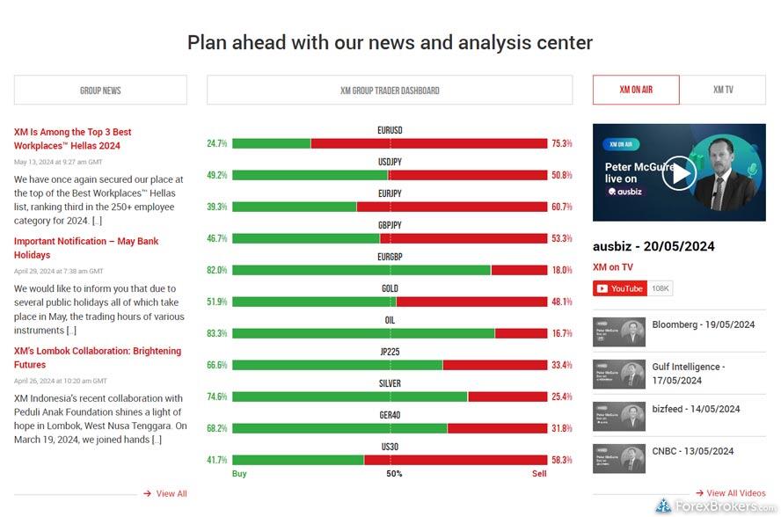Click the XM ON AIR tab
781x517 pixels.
click(635, 90)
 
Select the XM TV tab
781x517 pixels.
click(722, 90)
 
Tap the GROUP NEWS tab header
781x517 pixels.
click(100, 90)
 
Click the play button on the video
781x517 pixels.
click(678, 172)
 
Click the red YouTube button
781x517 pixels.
click(620, 288)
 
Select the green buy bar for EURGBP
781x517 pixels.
click(361, 270)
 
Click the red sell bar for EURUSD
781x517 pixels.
click(429, 143)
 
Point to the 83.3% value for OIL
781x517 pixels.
click(217, 333)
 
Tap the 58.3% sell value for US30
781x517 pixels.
click(561, 460)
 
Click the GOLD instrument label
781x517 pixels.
click(390, 288)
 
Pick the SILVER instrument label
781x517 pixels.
click(390, 383)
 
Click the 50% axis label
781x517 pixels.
click(394, 474)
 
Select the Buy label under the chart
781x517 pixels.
click(239, 474)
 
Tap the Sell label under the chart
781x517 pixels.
click(538, 474)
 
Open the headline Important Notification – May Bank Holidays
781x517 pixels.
click(86, 248)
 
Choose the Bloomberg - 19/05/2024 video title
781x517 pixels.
click(703, 324)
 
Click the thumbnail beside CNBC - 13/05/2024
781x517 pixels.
click(618, 458)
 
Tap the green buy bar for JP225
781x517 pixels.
click(337, 365)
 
